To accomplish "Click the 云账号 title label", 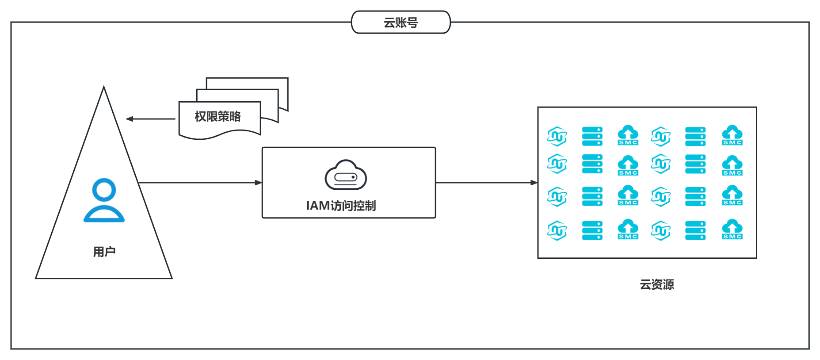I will tap(400, 23).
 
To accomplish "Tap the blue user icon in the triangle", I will tap(104, 200).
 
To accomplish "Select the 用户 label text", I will tap(104, 252).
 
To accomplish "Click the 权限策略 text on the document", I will tap(217, 116).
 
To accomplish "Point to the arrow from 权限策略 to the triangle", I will tap(150, 119).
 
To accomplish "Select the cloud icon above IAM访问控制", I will tap(346, 175).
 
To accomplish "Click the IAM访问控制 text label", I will tap(341, 206).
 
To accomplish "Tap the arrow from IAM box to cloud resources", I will tap(486, 182).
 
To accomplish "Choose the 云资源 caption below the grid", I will tap(656, 284).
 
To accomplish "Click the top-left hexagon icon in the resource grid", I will tap(557, 136).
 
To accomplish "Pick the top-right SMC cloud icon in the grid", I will tap(732, 135).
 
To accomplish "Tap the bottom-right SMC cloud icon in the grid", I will tap(732, 230).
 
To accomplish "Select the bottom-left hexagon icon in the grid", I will tap(557, 230).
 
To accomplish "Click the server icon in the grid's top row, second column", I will tap(592, 136).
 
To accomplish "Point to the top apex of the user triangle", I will tap(104, 88).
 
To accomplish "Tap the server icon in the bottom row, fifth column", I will tap(695, 230).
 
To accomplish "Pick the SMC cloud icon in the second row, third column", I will tap(628, 165).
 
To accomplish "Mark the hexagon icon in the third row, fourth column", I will tap(661, 197).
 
